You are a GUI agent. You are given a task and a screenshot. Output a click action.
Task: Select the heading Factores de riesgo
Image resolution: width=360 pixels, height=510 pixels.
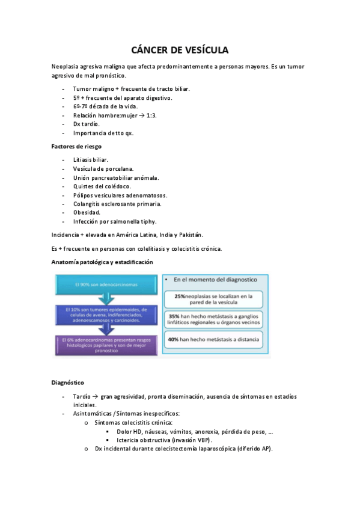[76, 146]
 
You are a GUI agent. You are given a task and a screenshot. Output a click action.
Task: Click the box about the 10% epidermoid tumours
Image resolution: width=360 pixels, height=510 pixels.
[105, 314]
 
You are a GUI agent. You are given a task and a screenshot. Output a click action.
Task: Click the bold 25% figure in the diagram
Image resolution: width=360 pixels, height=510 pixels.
[181, 296]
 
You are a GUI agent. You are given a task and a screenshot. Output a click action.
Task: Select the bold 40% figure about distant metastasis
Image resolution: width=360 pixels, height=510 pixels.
[175, 340]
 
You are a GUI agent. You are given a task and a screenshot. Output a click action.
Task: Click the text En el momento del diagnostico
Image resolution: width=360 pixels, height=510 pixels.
[216, 280]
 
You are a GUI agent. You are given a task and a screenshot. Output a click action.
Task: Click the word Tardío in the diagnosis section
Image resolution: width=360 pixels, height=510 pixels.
[82, 397]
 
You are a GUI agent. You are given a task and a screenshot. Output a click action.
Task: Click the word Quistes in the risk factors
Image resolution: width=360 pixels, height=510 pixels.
[84, 186]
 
